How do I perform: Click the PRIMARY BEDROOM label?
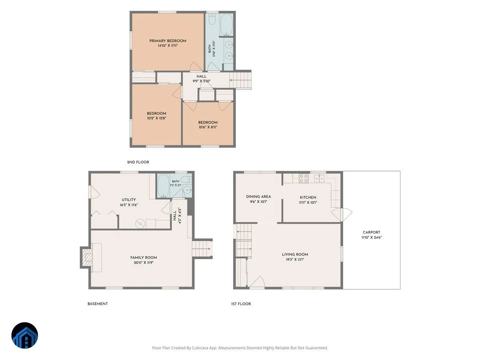point(168,41)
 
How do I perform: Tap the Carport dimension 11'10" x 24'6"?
point(371,237)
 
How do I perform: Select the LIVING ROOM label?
point(295,254)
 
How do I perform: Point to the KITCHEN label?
point(308,197)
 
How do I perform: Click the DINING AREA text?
point(258,197)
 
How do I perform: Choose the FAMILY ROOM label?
point(144,258)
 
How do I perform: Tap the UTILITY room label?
point(128,200)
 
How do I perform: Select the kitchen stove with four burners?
point(304,178)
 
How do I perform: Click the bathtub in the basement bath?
point(164,186)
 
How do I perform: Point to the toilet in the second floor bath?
point(212,19)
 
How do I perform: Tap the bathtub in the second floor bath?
point(226,25)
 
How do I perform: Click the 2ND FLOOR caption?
point(138,162)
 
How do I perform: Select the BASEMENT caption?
point(98,304)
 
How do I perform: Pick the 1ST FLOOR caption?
point(241,304)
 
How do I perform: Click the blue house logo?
point(25,336)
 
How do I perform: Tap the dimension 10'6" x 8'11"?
point(208,127)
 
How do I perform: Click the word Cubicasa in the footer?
point(200,348)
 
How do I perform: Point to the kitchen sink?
point(319,178)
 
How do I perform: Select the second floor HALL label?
point(202,76)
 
